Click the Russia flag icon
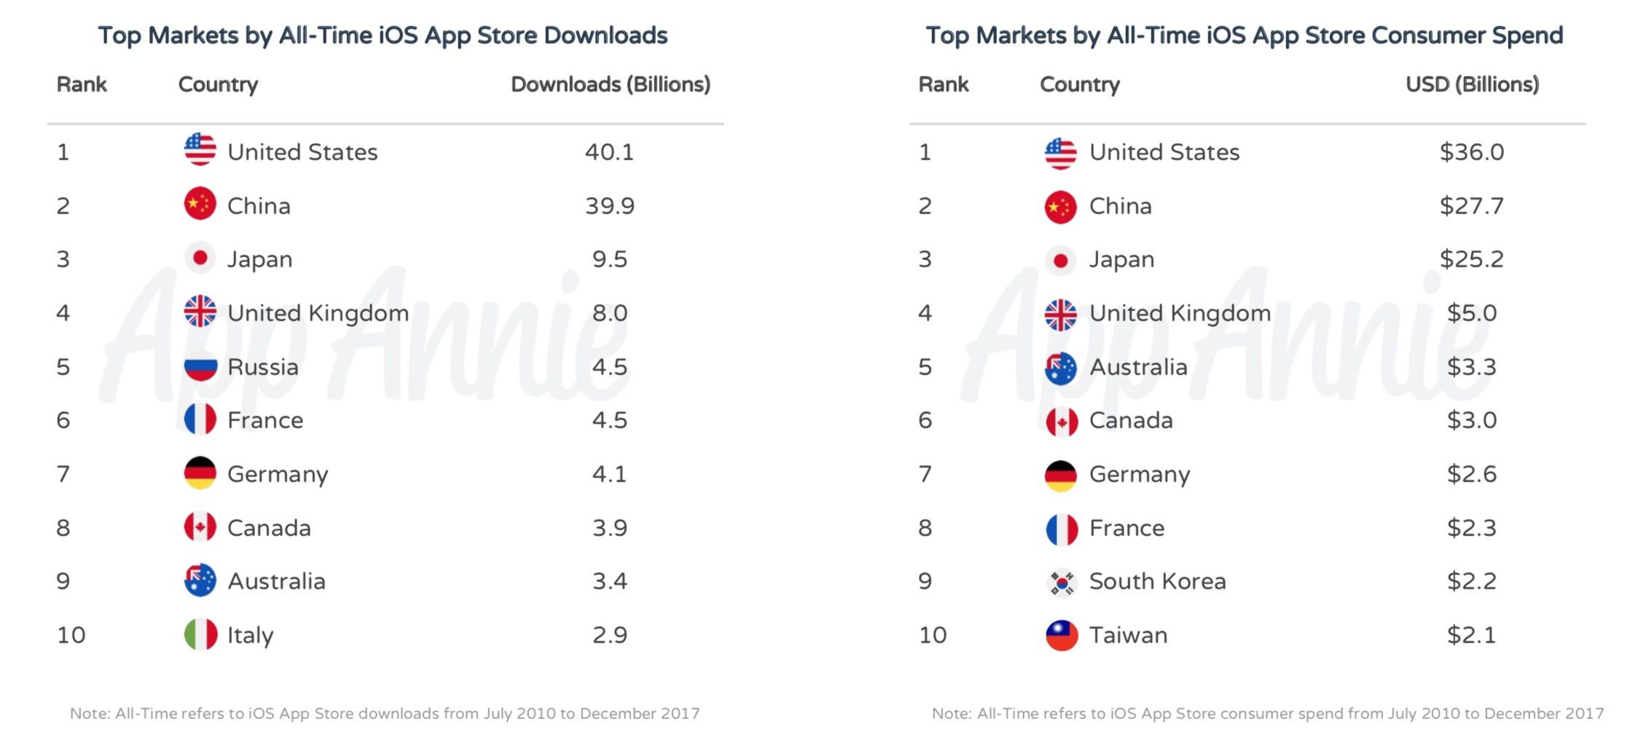point(200,366)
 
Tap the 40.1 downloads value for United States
point(609,152)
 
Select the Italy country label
point(250,635)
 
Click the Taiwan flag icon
point(1061,635)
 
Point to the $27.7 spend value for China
point(1471,206)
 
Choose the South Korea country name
point(1157,581)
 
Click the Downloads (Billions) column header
point(610,85)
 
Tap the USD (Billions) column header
point(1472,85)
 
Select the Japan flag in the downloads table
point(200,259)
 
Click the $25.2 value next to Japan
point(1471,259)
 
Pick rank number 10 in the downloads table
point(71,635)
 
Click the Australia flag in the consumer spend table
point(1061,368)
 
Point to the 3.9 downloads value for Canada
point(609,527)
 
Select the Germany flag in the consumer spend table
point(1061,475)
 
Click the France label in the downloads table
point(265,420)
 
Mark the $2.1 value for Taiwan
point(1471,635)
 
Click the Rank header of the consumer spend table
point(943,85)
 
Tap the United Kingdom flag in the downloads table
point(200,312)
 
